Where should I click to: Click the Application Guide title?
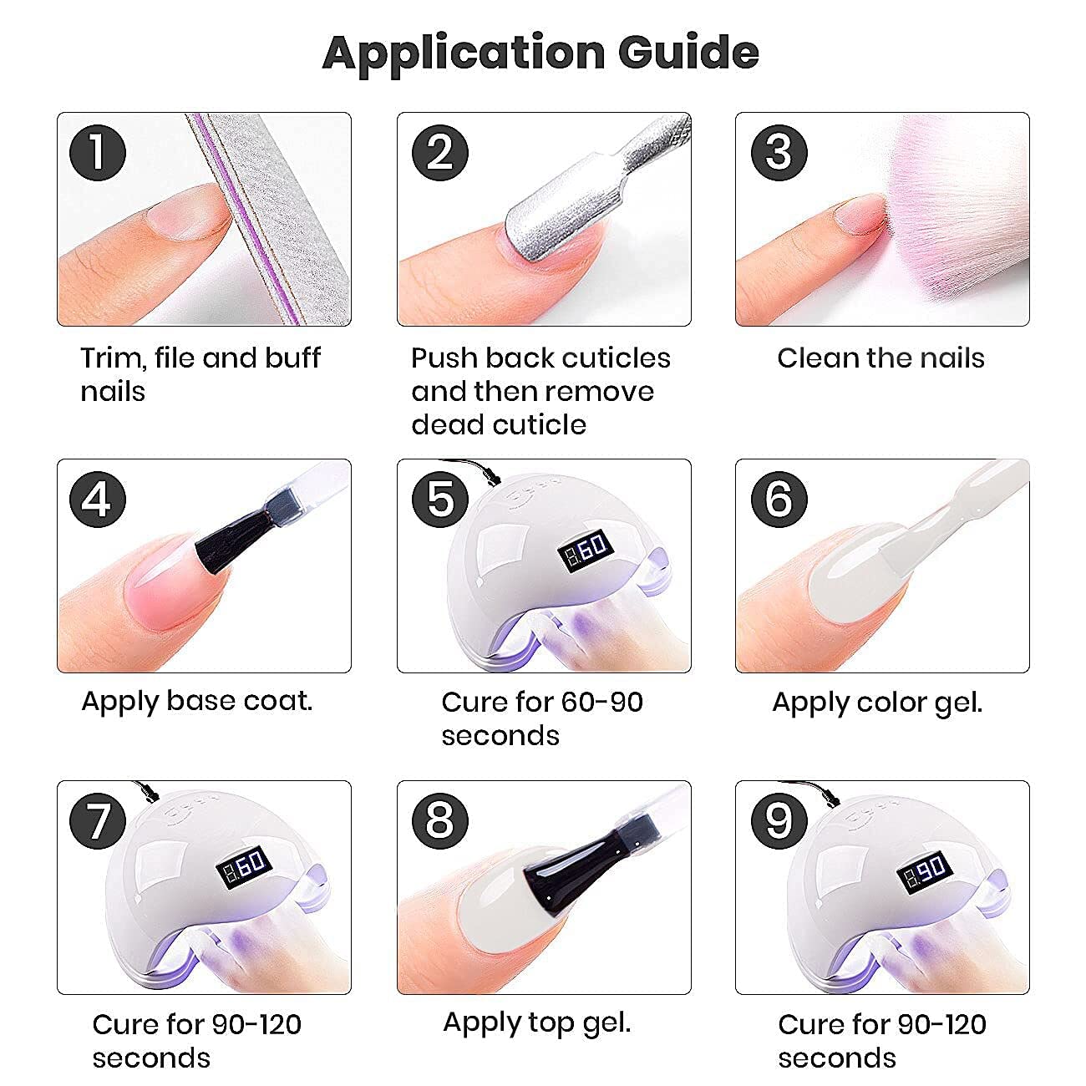click(x=540, y=53)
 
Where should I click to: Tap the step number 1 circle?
click(x=98, y=153)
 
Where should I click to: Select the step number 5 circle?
click(x=439, y=499)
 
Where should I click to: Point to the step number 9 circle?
click(x=779, y=820)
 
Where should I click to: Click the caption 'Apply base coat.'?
click(x=197, y=701)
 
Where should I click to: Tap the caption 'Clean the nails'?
click(x=880, y=358)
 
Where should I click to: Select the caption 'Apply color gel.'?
click(x=877, y=702)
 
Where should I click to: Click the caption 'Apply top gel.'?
click(x=536, y=1023)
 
